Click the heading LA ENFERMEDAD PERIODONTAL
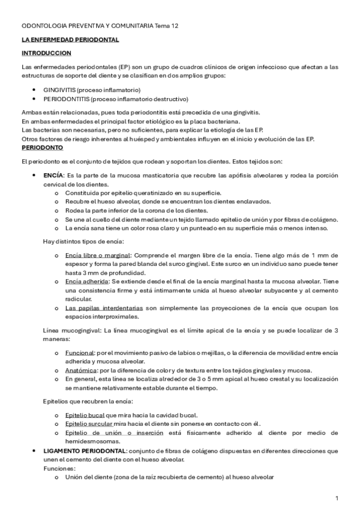click(70, 40)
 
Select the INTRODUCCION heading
click(47, 53)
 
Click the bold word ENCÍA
click(53, 175)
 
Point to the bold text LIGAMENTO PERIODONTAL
click(84, 450)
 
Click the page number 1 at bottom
click(337, 498)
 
